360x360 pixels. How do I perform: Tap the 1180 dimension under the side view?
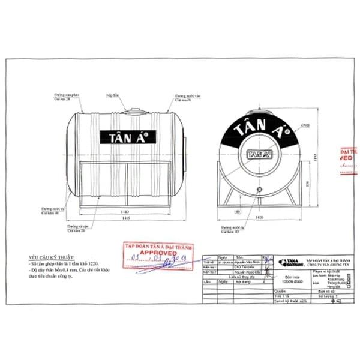point(124,212)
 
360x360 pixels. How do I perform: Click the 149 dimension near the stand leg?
point(221,212)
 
